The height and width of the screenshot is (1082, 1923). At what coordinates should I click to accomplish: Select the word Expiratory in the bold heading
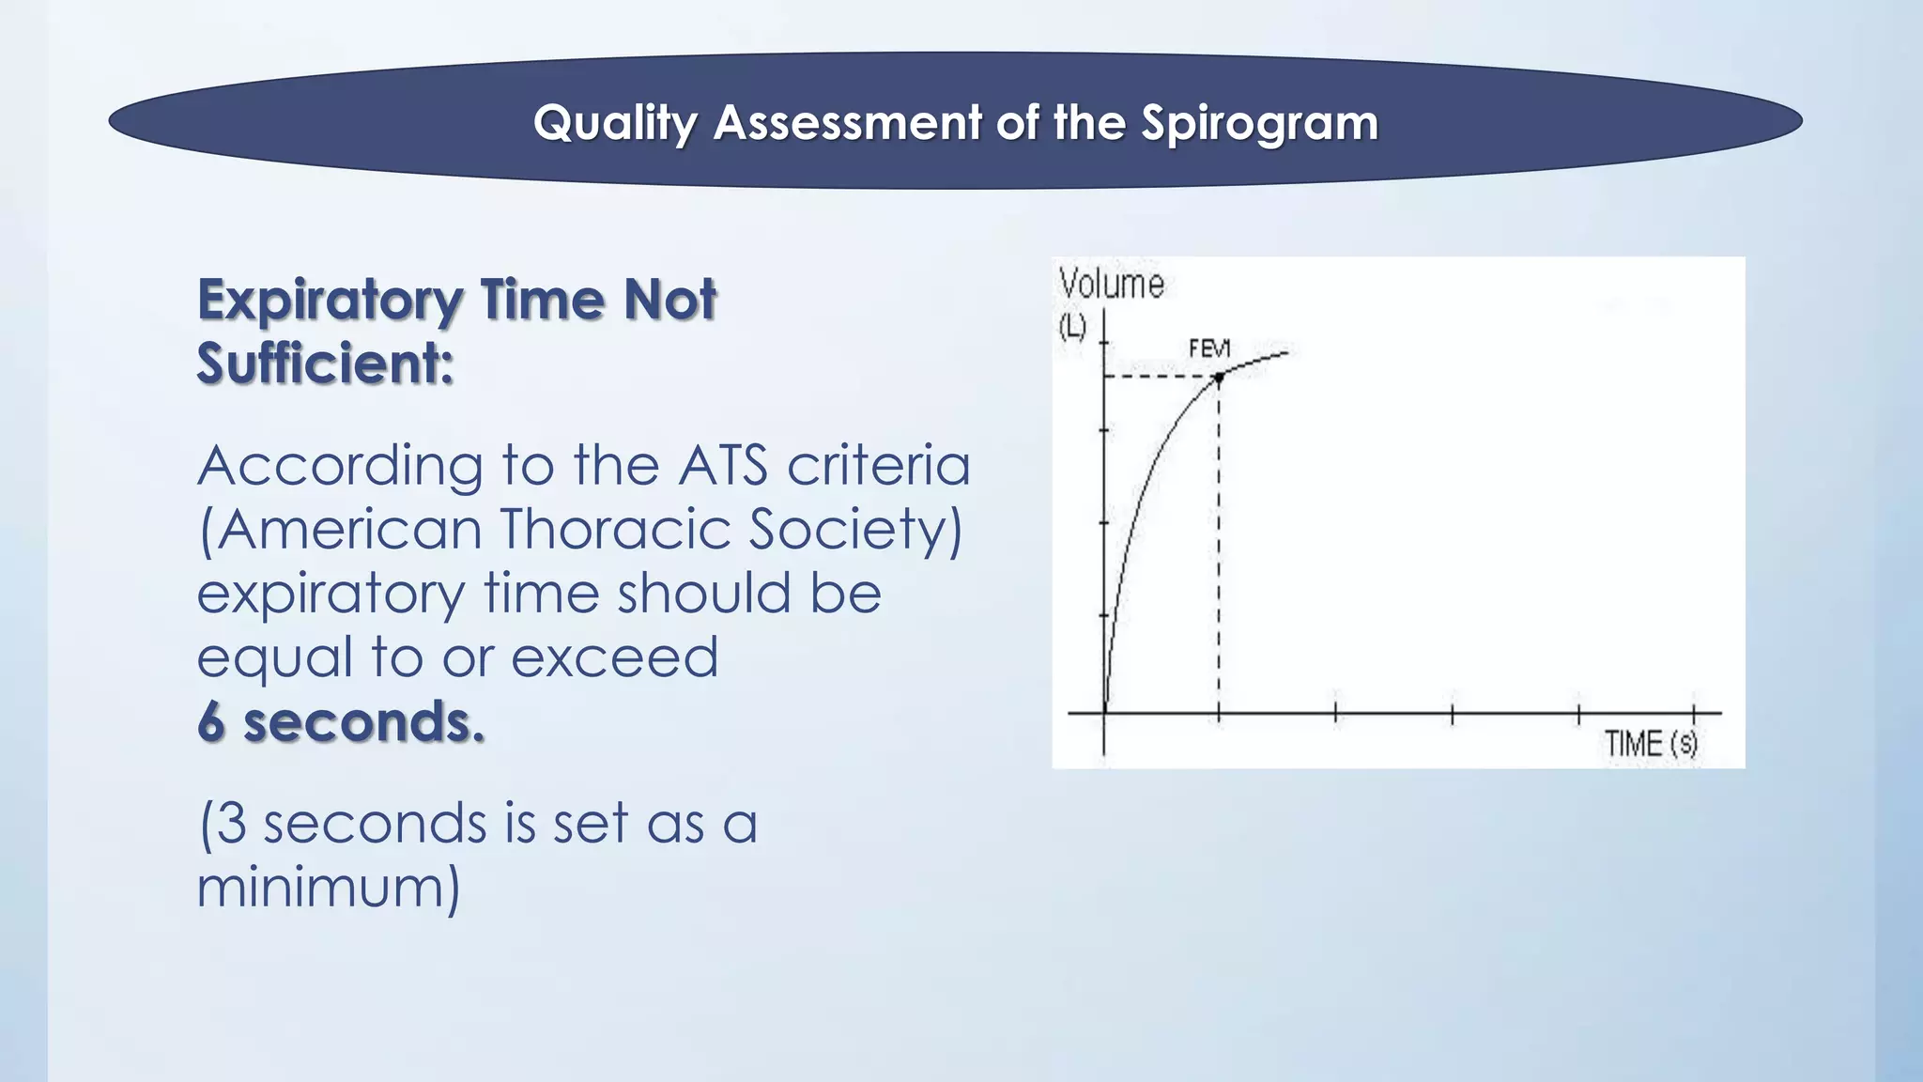pos(329,301)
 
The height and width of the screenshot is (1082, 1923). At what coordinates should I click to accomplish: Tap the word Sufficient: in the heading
pos(325,363)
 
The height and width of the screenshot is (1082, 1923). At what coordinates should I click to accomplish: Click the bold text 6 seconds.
pos(341,722)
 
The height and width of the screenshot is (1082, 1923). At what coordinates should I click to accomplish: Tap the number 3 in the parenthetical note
pos(232,824)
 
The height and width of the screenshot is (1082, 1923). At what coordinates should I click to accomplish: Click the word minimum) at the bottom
pos(329,887)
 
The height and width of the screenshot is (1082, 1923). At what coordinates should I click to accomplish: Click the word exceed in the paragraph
pos(615,657)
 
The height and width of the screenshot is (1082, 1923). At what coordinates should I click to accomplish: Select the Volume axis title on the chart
pos(1111,284)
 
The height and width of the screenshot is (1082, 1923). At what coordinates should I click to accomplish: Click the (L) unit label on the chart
pos(1072,326)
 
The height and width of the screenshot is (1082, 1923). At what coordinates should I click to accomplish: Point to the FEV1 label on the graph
pos(1208,349)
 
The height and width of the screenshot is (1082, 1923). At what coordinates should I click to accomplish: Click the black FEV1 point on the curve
pos(1219,378)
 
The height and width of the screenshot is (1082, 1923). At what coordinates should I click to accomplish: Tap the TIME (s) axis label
pos(1650,744)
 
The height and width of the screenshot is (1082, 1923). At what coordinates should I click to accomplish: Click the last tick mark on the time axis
pos(1694,713)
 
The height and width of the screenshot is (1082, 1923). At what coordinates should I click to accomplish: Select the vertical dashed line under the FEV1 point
pos(1219,545)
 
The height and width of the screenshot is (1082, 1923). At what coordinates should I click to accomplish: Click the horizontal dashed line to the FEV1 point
pos(1161,377)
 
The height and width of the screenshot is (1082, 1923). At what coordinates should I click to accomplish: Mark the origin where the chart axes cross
pos(1104,713)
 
